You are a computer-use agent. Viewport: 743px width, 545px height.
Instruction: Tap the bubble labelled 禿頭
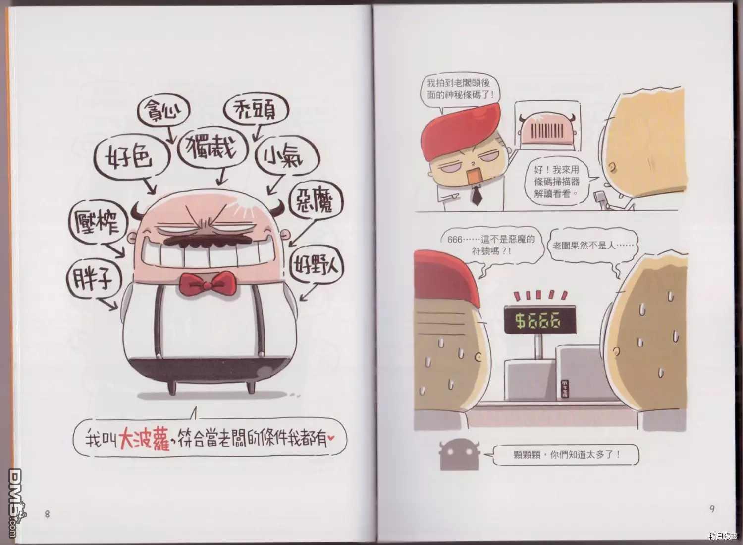point(256,111)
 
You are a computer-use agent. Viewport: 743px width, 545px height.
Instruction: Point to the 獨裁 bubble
point(212,149)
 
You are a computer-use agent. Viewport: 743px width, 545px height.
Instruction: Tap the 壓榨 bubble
point(98,223)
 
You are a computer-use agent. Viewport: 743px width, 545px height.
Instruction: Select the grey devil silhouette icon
point(459,455)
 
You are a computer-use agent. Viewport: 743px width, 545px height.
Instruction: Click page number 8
point(47,514)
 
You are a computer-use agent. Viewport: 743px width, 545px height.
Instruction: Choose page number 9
point(712,509)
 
